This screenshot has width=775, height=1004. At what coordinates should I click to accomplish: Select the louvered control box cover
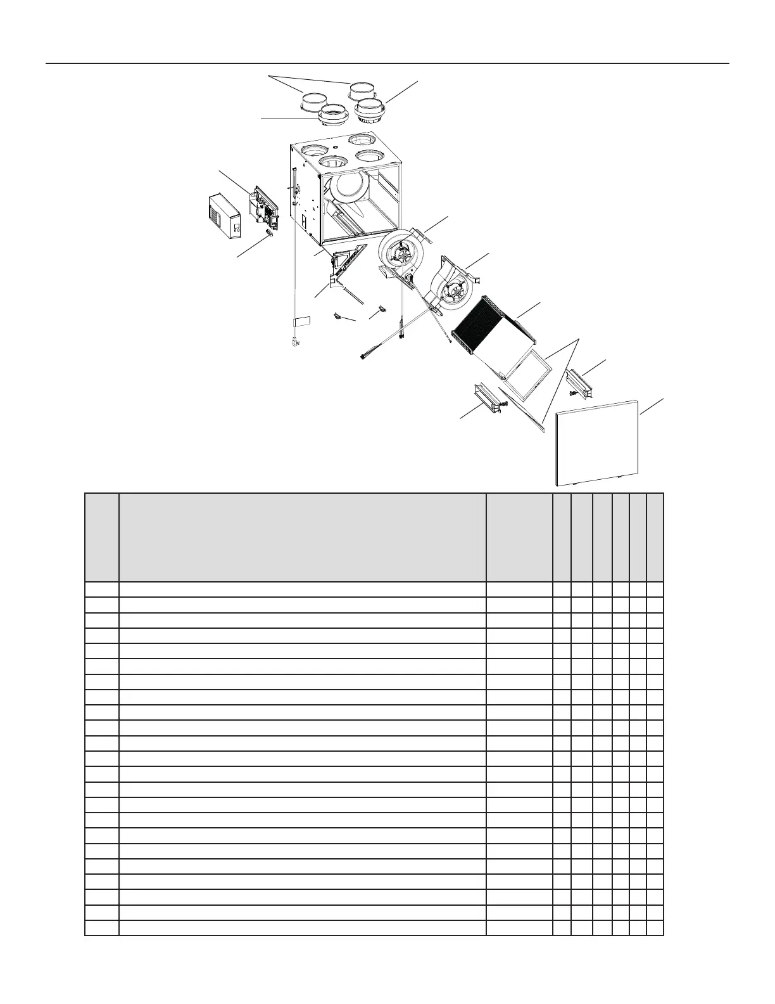point(225,216)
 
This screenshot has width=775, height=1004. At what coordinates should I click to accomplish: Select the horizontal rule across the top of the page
point(387,63)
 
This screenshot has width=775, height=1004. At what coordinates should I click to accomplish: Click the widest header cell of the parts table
point(303,537)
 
